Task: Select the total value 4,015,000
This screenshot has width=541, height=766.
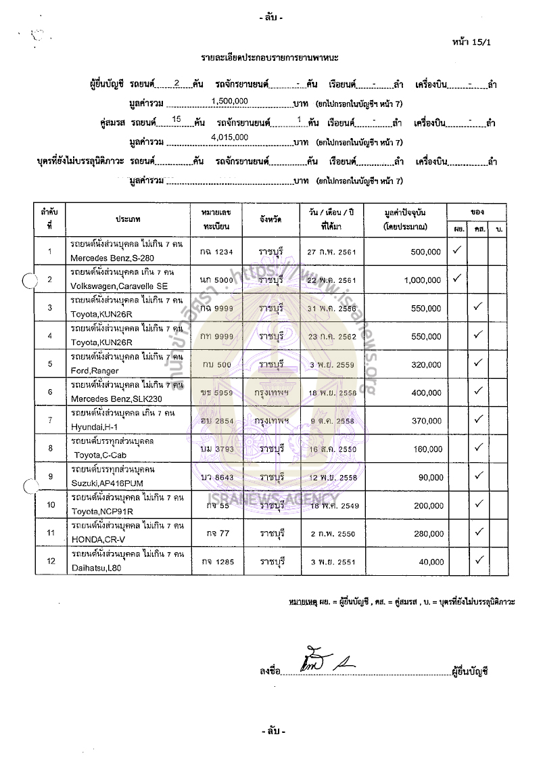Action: click(230, 137)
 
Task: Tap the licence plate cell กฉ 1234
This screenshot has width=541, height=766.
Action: click(217, 252)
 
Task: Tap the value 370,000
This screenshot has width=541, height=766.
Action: click(425, 420)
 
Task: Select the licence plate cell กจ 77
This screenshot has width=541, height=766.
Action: click(217, 533)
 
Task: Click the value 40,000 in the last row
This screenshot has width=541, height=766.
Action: click(431, 561)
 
